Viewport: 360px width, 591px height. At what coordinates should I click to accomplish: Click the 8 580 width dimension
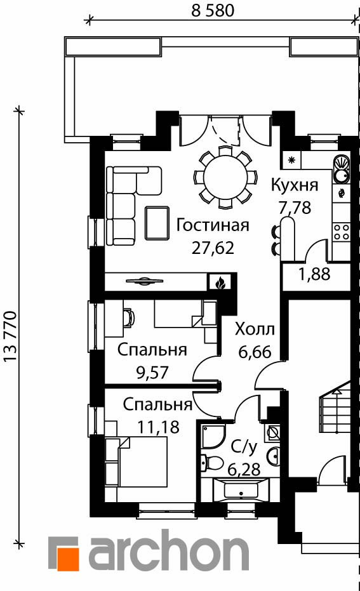tap(213, 10)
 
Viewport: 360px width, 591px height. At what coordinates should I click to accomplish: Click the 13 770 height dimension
tap(10, 336)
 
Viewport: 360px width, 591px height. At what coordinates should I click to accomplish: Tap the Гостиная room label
tap(213, 225)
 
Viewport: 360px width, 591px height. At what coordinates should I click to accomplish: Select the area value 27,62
tap(213, 248)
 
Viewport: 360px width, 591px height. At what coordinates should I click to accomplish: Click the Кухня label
tap(295, 185)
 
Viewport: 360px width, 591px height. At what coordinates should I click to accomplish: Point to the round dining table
tap(225, 178)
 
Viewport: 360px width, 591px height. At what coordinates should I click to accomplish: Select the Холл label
tap(255, 330)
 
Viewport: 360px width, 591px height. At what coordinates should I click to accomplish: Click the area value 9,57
tap(152, 373)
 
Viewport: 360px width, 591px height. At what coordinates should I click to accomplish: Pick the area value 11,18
tap(158, 427)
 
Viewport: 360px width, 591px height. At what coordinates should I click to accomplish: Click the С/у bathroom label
tap(244, 448)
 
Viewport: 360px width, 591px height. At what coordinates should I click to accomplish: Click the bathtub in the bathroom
tap(241, 490)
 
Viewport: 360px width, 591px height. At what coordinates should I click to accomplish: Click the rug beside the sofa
tap(157, 223)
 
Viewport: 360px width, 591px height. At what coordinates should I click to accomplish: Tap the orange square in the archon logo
tap(68, 559)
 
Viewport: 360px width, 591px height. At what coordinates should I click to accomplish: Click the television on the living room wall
tap(145, 280)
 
